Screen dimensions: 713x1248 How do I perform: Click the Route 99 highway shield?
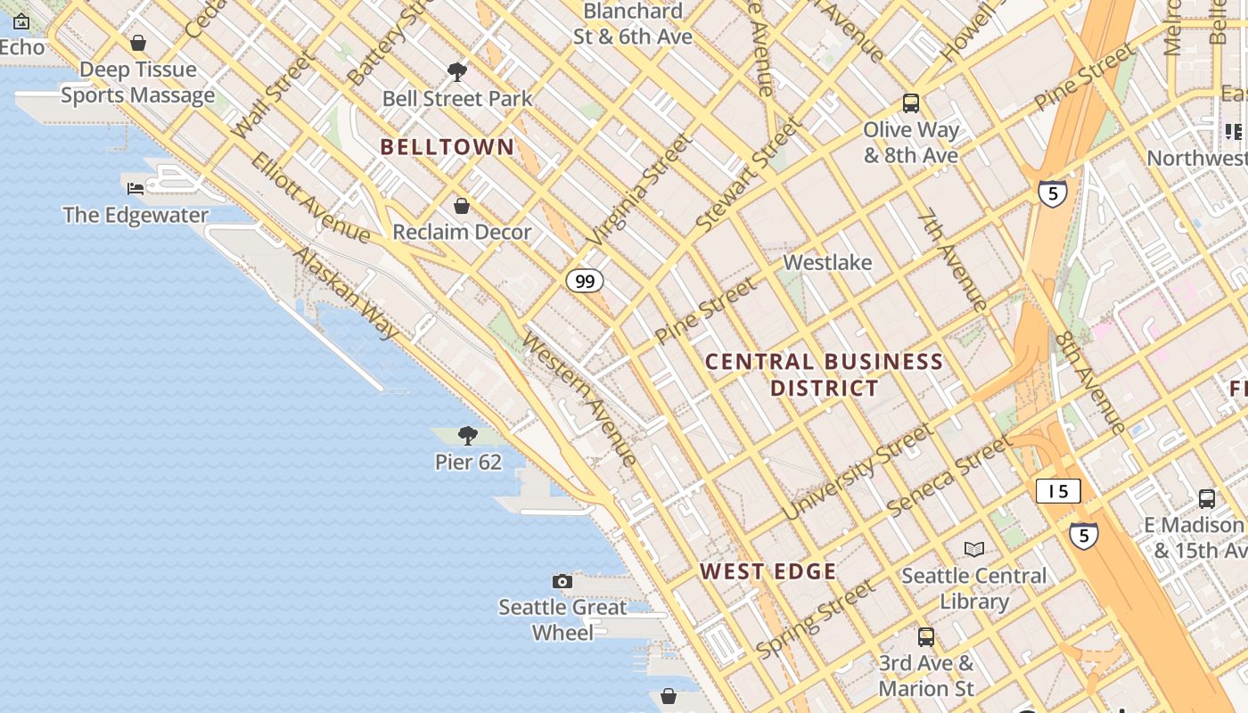(x=584, y=282)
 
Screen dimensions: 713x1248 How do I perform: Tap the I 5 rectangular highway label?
(x=1058, y=491)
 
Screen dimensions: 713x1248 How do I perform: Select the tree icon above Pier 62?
(x=467, y=436)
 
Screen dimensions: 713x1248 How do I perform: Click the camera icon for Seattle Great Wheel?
(x=562, y=582)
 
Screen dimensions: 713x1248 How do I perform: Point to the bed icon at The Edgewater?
(x=135, y=188)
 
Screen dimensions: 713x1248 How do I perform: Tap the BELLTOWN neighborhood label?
(x=447, y=147)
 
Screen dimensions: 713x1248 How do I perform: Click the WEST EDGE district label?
(x=768, y=571)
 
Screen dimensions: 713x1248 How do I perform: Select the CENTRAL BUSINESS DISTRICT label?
(x=824, y=374)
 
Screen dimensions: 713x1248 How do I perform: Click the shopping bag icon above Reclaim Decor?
(x=462, y=207)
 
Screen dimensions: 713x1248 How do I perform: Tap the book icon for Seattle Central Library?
(x=974, y=549)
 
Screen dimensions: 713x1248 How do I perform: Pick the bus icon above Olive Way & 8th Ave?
(x=910, y=103)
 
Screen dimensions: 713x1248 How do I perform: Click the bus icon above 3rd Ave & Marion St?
(x=926, y=636)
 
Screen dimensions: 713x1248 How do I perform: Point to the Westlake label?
(x=827, y=263)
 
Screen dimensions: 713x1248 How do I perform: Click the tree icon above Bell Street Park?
(x=457, y=72)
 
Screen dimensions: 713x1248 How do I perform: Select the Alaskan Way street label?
(x=347, y=293)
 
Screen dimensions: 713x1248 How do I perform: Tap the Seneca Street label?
(x=949, y=474)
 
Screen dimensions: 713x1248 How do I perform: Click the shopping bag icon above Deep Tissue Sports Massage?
(x=138, y=43)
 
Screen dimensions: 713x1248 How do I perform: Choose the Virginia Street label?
(x=640, y=190)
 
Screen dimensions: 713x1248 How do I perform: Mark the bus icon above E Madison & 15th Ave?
(x=1206, y=499)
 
